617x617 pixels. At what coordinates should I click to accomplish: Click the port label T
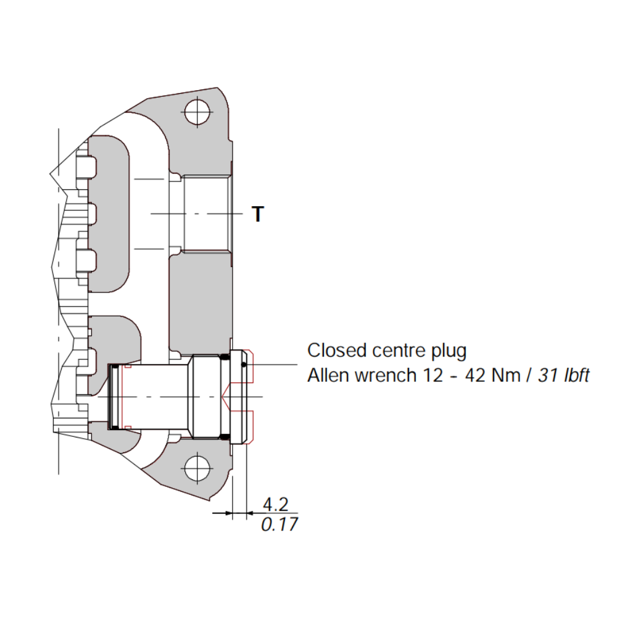click(258, 215)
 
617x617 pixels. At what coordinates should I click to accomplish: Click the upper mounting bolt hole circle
click(198, 111)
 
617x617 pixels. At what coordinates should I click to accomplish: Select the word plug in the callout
click(449, 351)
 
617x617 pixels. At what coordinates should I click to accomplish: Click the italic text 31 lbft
click(563, 375)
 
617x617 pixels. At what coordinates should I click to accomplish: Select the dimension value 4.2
click(275, 504)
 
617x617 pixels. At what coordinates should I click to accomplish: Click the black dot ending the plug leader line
click(245, 365)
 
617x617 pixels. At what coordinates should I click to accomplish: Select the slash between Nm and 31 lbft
click(529, 375)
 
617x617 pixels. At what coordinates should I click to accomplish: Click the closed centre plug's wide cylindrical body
click(206, 395)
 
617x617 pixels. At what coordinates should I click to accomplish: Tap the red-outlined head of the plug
click(242, 395)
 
